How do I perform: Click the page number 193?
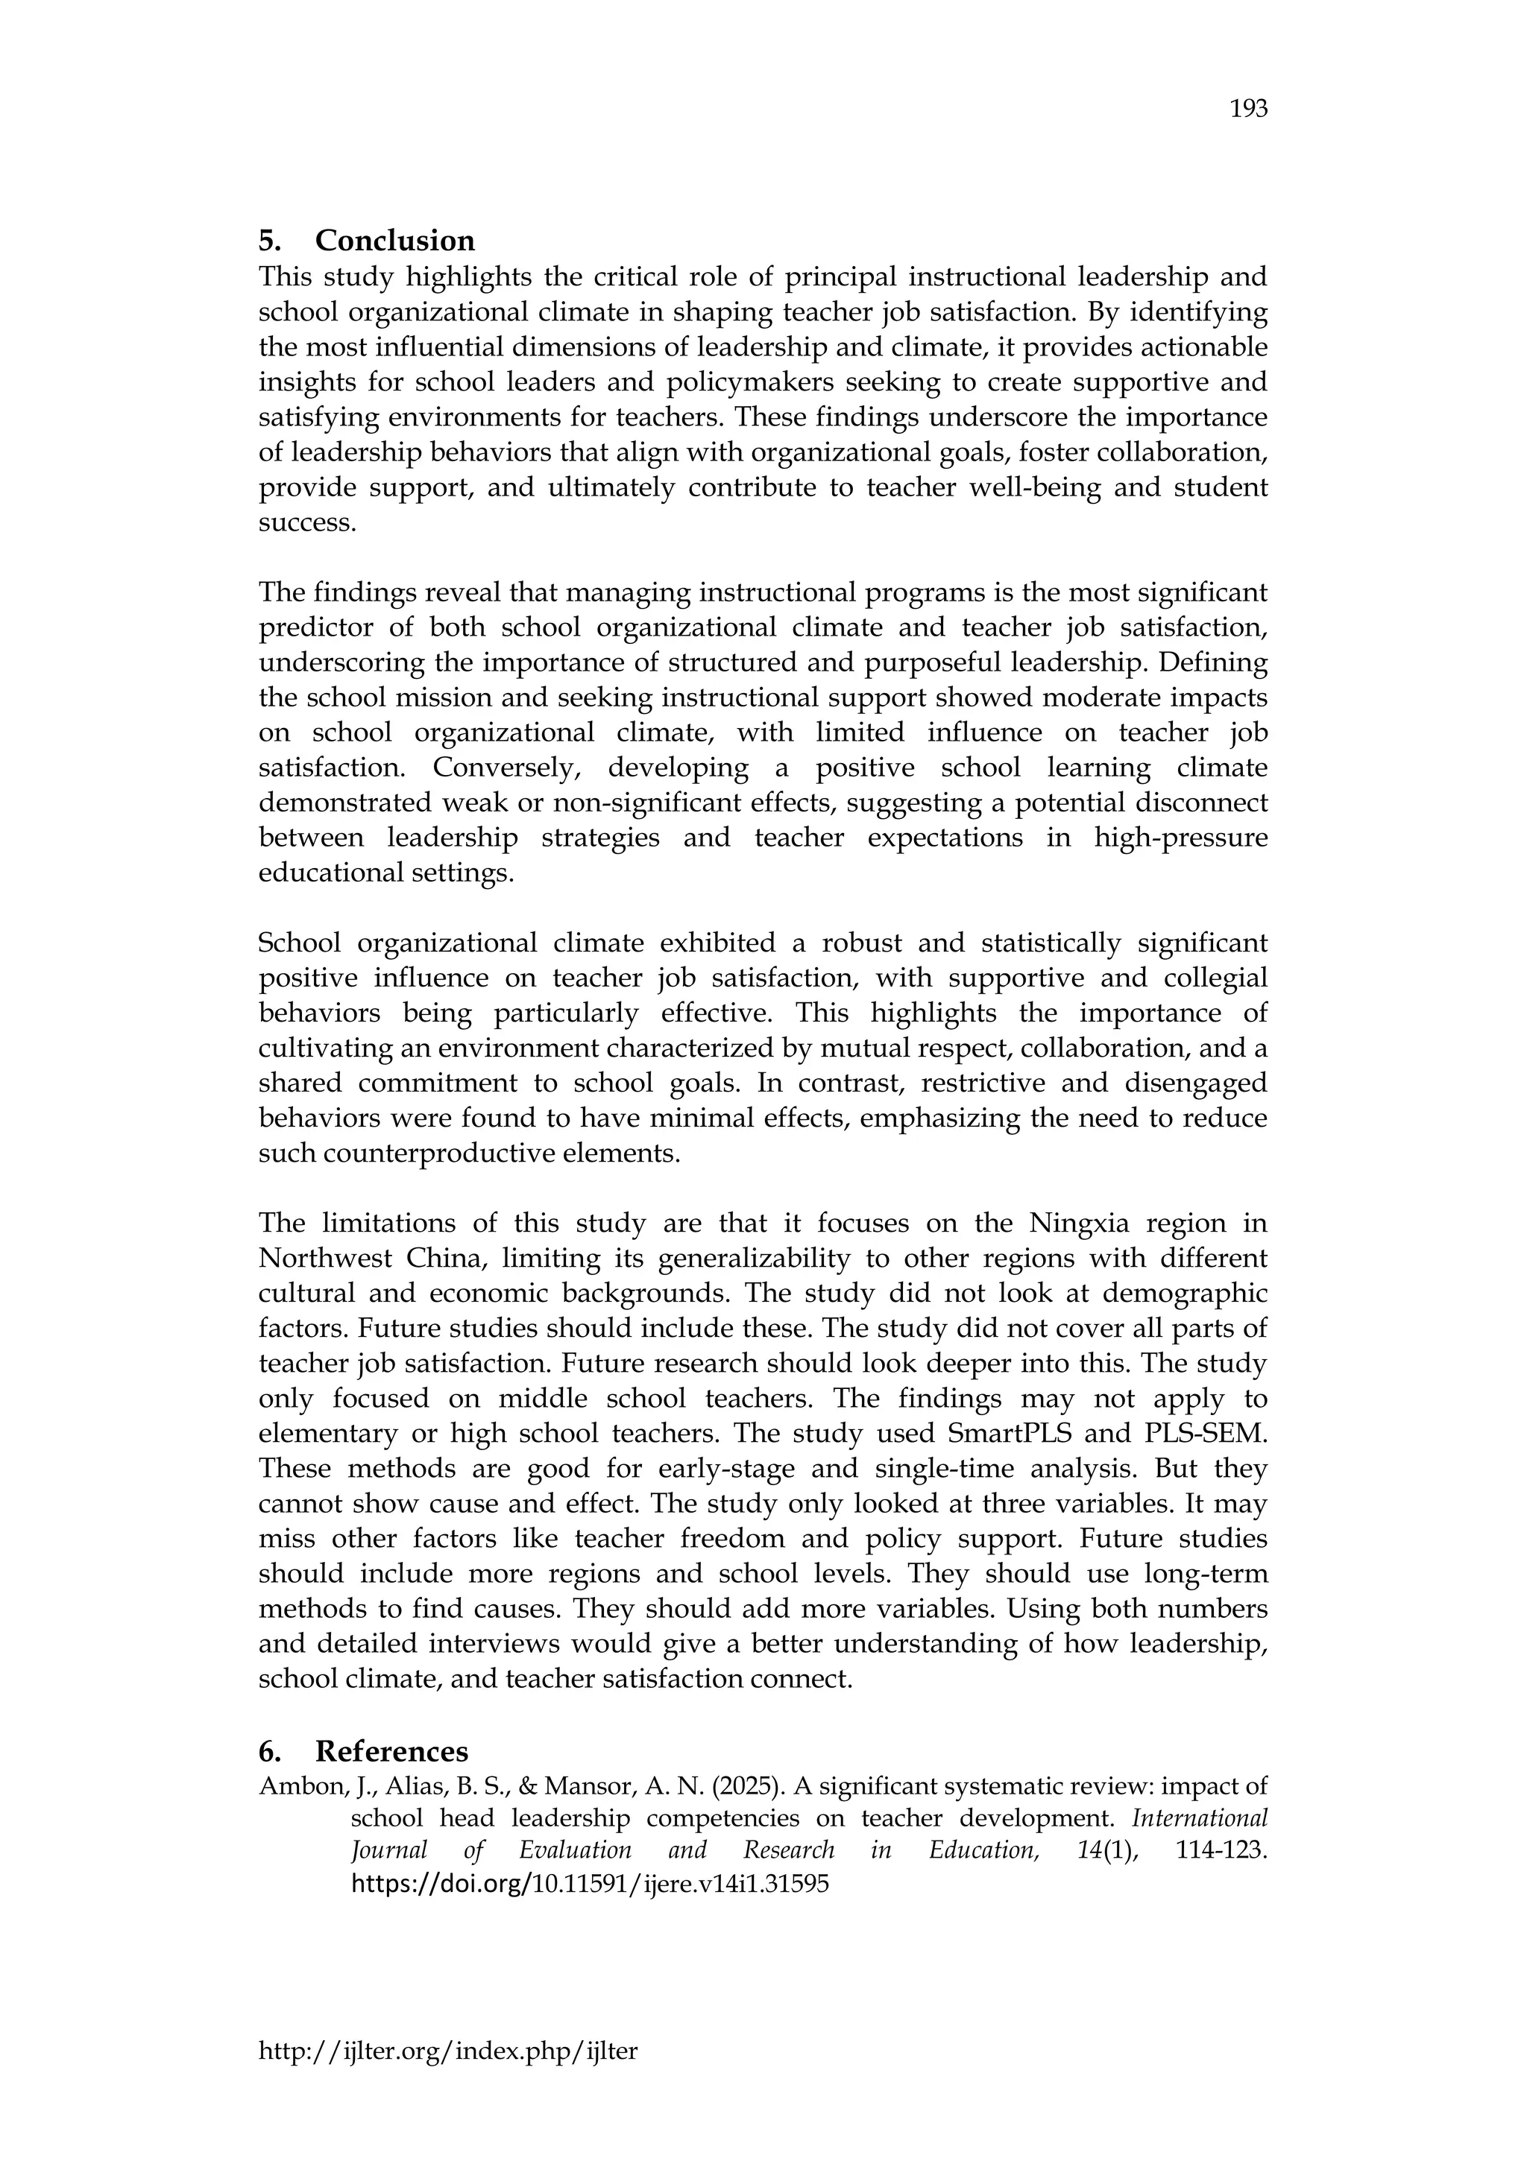[x=1249, y=110]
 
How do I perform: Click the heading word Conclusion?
[x=395, y=241]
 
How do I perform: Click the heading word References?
[x=391, y=1751]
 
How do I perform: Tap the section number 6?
[x=268, y=1751]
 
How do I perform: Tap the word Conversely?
[x=508, y=768]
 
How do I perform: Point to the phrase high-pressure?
[x=1181, y=838]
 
